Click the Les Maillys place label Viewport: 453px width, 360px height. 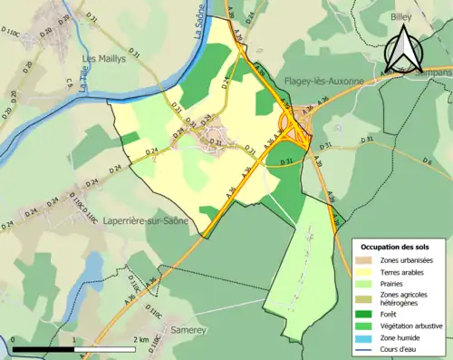[x=103, y=60]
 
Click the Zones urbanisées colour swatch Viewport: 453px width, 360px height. [x=367, y=262]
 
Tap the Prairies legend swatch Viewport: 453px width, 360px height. [x=367, y=285]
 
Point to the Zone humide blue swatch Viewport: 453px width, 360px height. [x=367, y=335]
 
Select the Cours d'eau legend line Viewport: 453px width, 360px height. [x=367, y=346]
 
